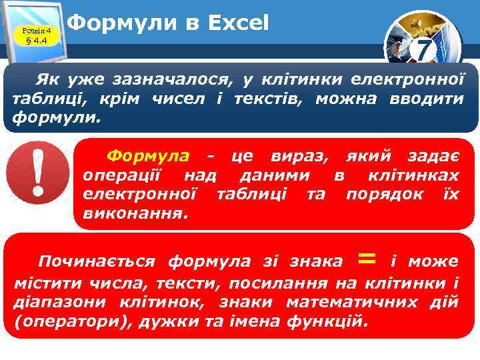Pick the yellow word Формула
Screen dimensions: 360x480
pyautogui.click(x=148, y=156)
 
